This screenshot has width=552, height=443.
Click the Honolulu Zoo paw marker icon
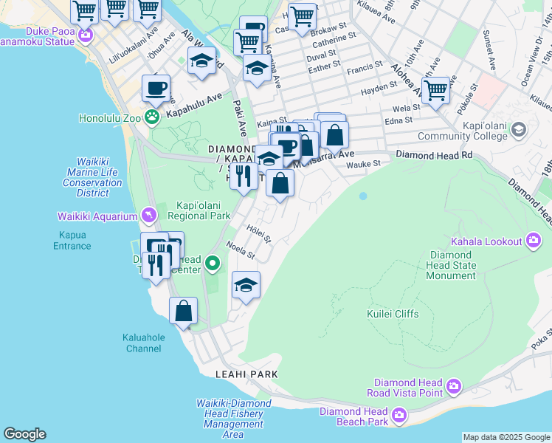tap(152, 116)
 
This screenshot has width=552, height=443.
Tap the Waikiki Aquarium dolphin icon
tap(151, 215)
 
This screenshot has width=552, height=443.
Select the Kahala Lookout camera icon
tap(534, 240)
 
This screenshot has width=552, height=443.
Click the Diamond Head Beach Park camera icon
tap(399, 416)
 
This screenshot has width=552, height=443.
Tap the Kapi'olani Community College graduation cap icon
tap(519, 131)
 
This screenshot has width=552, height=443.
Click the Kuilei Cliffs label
tap(393, 314)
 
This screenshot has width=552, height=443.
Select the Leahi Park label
tap(246, 374)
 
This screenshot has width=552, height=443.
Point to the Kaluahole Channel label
tap(143, 343)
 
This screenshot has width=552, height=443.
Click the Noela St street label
tap(241, 251)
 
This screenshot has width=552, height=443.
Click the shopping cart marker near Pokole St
tap(436, 91)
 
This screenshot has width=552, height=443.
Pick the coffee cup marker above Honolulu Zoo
tap(156, 89)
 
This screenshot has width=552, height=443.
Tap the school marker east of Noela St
tap(246, 286)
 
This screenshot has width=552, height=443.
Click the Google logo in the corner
tap(24, 434)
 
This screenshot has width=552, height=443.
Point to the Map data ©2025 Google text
tap(506, 437)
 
